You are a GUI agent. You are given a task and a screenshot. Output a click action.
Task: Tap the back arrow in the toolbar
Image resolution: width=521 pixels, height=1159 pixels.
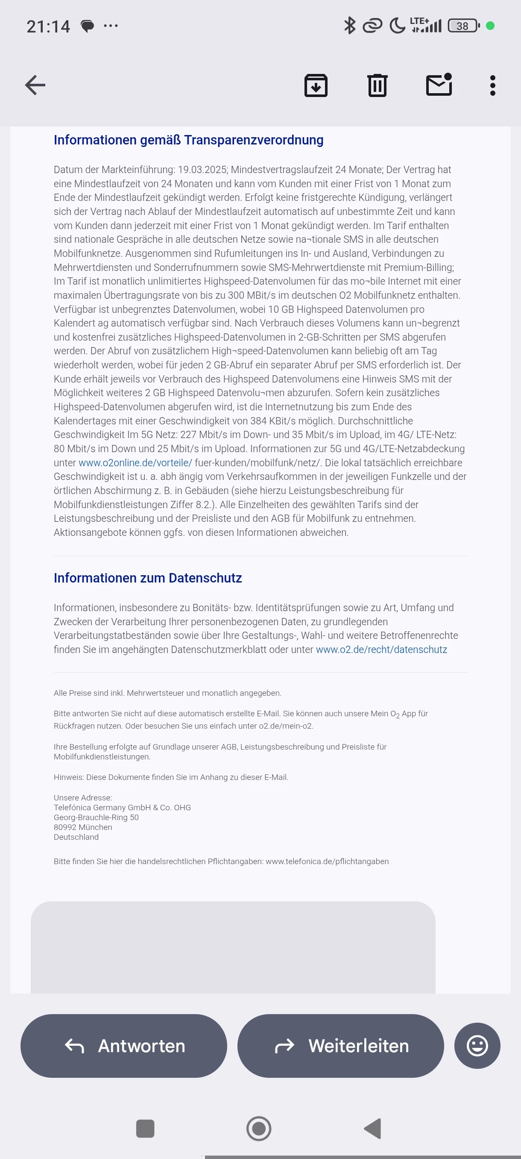click(35, 85)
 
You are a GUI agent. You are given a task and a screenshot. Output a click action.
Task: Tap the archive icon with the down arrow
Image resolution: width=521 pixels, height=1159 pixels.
click(316, 85)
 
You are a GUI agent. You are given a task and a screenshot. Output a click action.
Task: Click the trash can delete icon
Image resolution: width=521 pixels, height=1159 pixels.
click(377, 85)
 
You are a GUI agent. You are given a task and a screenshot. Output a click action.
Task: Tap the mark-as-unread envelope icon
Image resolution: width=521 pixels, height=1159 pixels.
click(439, 85)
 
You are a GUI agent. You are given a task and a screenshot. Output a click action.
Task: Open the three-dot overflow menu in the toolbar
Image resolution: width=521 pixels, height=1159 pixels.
click(493, 85)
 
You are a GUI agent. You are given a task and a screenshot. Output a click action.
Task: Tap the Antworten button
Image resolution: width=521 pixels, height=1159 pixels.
click(123, 1046)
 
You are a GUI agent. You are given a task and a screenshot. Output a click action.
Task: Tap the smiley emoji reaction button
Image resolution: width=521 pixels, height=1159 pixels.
click(477, 1046)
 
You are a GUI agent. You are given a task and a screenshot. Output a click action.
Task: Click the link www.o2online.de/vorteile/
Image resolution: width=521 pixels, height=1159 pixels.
click(135, 462)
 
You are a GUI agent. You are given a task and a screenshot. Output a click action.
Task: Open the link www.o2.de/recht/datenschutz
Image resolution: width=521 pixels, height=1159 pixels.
click(381, 649)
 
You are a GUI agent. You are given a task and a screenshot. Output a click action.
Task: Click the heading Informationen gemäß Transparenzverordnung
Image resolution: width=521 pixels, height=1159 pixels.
click(188, 140)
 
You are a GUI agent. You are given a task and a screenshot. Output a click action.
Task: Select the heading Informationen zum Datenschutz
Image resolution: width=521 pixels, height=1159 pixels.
click(147, 578)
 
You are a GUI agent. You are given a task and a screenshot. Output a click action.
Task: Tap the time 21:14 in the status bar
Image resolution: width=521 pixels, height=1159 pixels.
click(48, 26)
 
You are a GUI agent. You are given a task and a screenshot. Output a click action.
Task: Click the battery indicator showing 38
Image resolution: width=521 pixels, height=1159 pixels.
click(463, 26)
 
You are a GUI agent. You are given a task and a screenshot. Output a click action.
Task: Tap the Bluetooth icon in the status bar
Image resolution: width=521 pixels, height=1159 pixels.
click(349, 26)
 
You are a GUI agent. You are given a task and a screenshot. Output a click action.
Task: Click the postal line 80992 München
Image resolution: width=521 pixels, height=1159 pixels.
click(83, 827)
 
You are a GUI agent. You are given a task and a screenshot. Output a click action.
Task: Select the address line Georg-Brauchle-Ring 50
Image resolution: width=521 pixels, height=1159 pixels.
click(96, 817)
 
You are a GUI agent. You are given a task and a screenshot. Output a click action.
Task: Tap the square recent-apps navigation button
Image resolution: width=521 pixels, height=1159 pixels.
click(145, 1128)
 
